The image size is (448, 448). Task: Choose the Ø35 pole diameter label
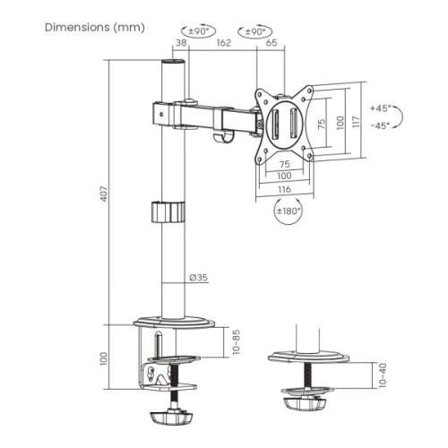tap(199, 278)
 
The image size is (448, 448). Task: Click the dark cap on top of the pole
tap(171, 66)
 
